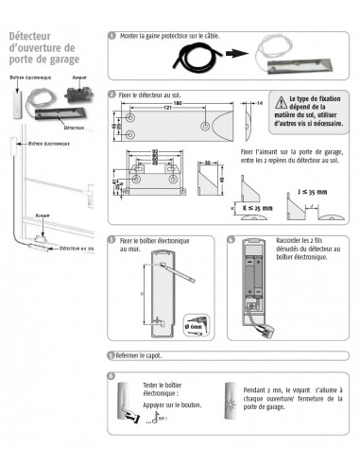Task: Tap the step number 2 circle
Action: [x=112, y=95]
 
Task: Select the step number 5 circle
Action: [x=112, y=355]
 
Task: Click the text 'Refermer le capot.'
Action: [x=143, y=355]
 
